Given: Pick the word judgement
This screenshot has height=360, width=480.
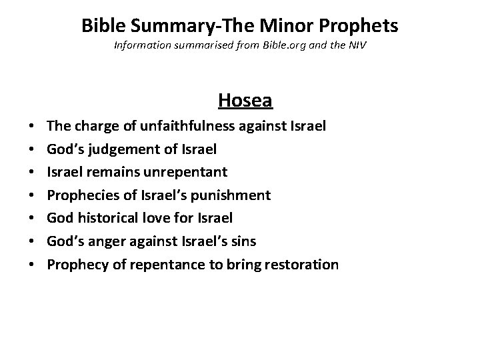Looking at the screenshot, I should (x=127, y=148).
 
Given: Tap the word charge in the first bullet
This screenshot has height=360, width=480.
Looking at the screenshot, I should (x=92, y=125).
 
